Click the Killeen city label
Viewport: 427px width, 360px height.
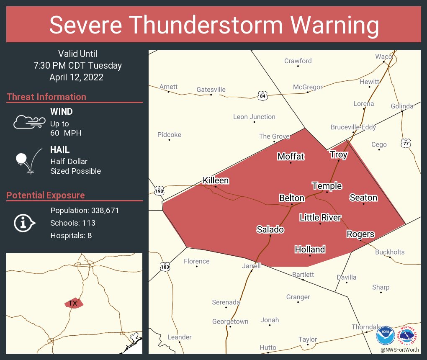(x=216, y=180)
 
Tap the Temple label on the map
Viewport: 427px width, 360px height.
(x=327, y=186)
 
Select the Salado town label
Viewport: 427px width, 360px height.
(x=270, y=229)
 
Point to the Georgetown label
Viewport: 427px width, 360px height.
(x=230, y=321)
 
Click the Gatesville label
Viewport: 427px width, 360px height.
(x=211, y=90)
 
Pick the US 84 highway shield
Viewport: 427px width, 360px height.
(x=262, y=95)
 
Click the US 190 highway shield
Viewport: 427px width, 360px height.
(x=159, y=191)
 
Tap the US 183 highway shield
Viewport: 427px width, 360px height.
(x=165, y=266)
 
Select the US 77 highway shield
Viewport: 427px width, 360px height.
(x=405, y=143)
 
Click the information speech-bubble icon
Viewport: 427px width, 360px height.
(x=25, y=223)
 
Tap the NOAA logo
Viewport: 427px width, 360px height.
(x=385, y=336)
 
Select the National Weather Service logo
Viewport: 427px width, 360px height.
(x=409, y=336)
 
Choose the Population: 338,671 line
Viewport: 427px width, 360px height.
(x=85, y=210)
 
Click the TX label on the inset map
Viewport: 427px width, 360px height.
(x=73, y=303)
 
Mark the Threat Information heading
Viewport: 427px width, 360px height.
(x=46, y=97)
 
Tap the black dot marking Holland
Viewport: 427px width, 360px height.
(x=310, y=256)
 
